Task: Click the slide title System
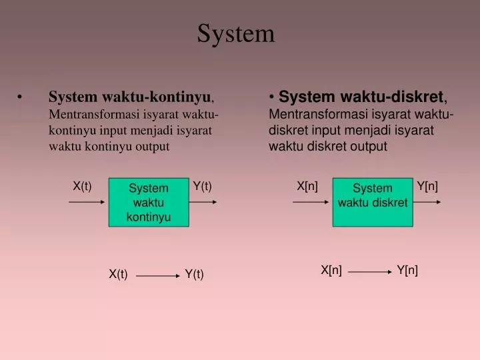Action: pos(235,33)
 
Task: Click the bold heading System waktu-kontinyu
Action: pos(129,98)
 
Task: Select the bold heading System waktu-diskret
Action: pos(361,98)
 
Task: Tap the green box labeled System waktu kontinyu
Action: pos(149,202)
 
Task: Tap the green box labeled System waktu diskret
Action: pos(372,202)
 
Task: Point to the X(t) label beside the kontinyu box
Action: pos(82,186)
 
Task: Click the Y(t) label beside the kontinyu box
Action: pos(202,186)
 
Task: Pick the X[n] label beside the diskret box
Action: pos(307,186)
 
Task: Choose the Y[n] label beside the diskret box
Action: pos(427,186)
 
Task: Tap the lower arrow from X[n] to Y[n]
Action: pos(369,272)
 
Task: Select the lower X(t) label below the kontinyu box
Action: pos(118,274)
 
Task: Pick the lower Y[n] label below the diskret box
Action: pos(407,270)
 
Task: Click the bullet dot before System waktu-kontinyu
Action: pos(24,99)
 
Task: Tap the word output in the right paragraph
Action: pos(367,147)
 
